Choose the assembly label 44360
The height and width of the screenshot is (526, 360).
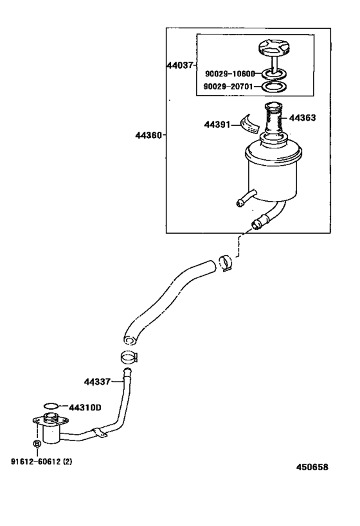148,136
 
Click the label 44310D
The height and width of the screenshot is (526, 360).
85,407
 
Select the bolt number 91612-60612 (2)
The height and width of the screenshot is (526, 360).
41,460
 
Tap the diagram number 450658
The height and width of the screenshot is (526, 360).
312,467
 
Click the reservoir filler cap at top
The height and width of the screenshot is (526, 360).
273,49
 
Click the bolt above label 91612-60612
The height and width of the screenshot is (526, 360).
37,444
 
